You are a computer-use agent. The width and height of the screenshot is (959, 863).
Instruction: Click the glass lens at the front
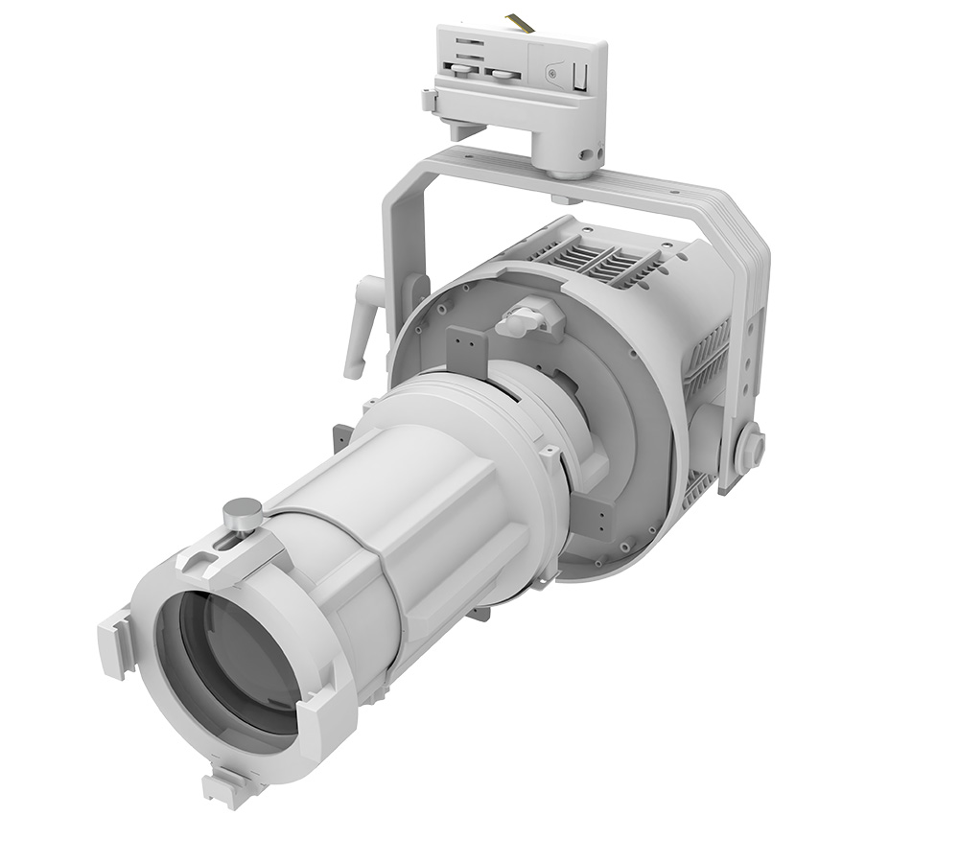click(x=230, y=662)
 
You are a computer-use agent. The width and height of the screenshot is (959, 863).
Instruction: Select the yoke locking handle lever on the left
click(x=361, y=326)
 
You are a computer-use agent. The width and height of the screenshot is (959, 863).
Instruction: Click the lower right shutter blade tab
click(x=597, y=518)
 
